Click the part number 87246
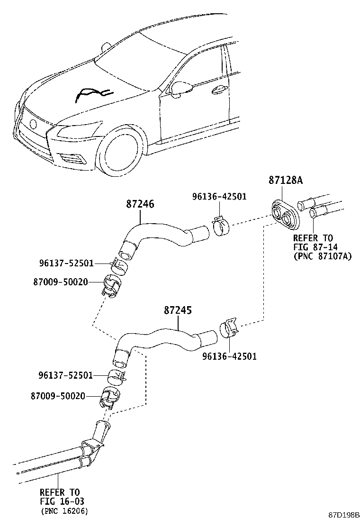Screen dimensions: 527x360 point(140,204)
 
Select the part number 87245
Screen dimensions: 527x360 point(178,311)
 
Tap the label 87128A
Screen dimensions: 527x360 point(285,181)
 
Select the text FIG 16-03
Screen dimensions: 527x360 point(63,501)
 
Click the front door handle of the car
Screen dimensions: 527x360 point(219,90)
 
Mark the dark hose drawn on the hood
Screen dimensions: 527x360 point(92,94)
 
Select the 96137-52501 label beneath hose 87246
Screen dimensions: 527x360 point(66,263)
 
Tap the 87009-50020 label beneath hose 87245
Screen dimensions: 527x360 point(59,395)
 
